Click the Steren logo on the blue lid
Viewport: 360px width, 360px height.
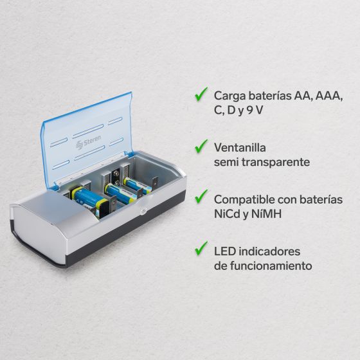[x=88, y=142]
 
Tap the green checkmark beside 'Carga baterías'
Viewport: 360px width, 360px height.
[x=201, y=94]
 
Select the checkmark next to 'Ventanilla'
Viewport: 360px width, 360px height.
[x=201, y=146]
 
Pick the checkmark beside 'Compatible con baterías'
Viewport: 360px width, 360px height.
[x=201, y=196]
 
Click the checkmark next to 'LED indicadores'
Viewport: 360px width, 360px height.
[x=201, y=248]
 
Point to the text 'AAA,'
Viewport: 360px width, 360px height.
[x=329, y=96]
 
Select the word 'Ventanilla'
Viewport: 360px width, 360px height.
[x=240, y=147]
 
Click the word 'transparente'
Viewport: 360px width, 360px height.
[x=276, y=162]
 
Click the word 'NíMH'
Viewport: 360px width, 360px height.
[x=266, y=214]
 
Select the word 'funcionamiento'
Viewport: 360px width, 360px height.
[x=271, y=266]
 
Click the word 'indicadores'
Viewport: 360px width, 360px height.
[x=269, y=251]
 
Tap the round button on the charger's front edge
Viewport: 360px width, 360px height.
[x=143, y=212]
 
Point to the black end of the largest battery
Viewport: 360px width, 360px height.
[x=104, y=210]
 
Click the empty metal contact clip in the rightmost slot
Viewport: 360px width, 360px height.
[x=156, y=183]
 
